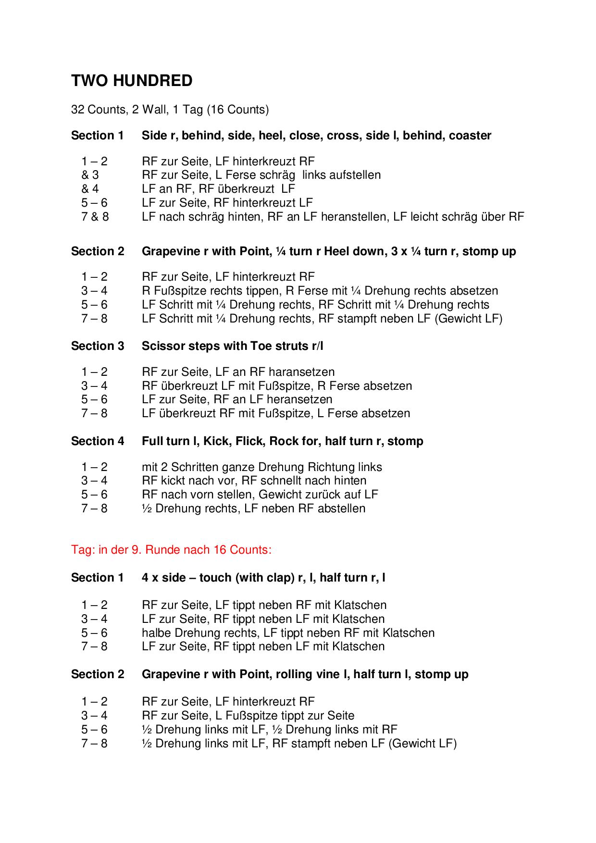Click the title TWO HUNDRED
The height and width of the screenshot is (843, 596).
click(x=132, y=81)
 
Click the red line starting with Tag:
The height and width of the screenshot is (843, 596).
click(x=171, y=549)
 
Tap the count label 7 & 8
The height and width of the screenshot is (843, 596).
click(x=95, y=217)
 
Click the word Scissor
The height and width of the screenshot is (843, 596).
click(x=161, y=346)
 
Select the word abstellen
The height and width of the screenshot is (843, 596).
click(x=341, y=508)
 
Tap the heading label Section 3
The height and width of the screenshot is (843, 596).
click(x=98, y=346)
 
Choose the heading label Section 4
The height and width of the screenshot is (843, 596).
click(x=98, y=441)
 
